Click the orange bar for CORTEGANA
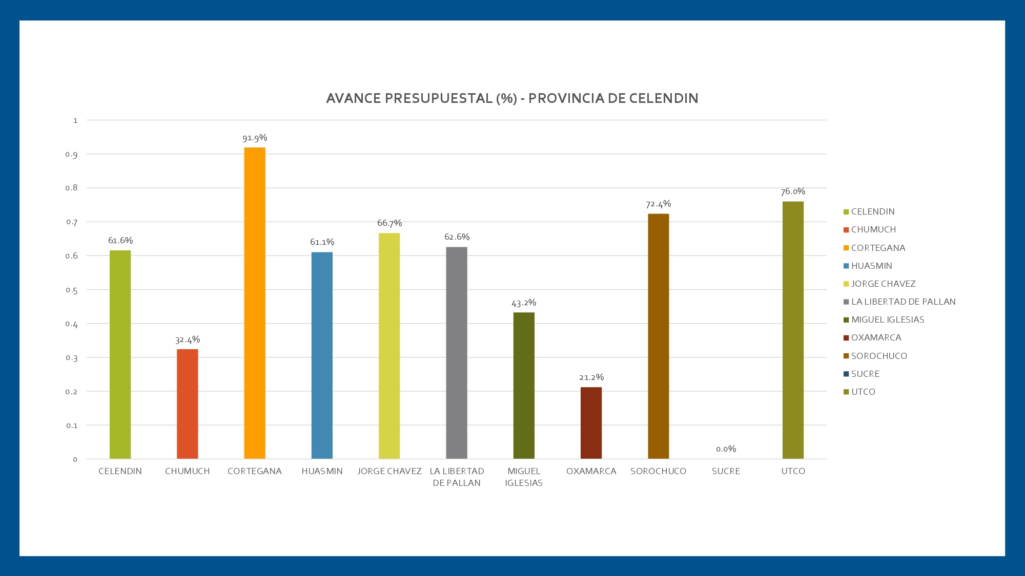[255, 303]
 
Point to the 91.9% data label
[255, 138]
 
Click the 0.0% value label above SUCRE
[726, 449]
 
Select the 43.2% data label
[524, 303]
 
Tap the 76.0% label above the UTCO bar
[793, 192]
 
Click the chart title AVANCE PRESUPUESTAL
[512, 98]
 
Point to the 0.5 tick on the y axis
[72, 290]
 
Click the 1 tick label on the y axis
[75, 120]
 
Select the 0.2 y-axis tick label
[72, 392]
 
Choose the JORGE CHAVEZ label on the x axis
[389, 471]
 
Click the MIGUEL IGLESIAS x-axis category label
[524, 477]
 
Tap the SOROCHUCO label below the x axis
[658, 471]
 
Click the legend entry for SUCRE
[865, 374]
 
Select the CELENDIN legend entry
[872, 211]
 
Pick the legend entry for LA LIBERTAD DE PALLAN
[903, 302]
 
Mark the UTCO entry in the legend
[863, 392]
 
